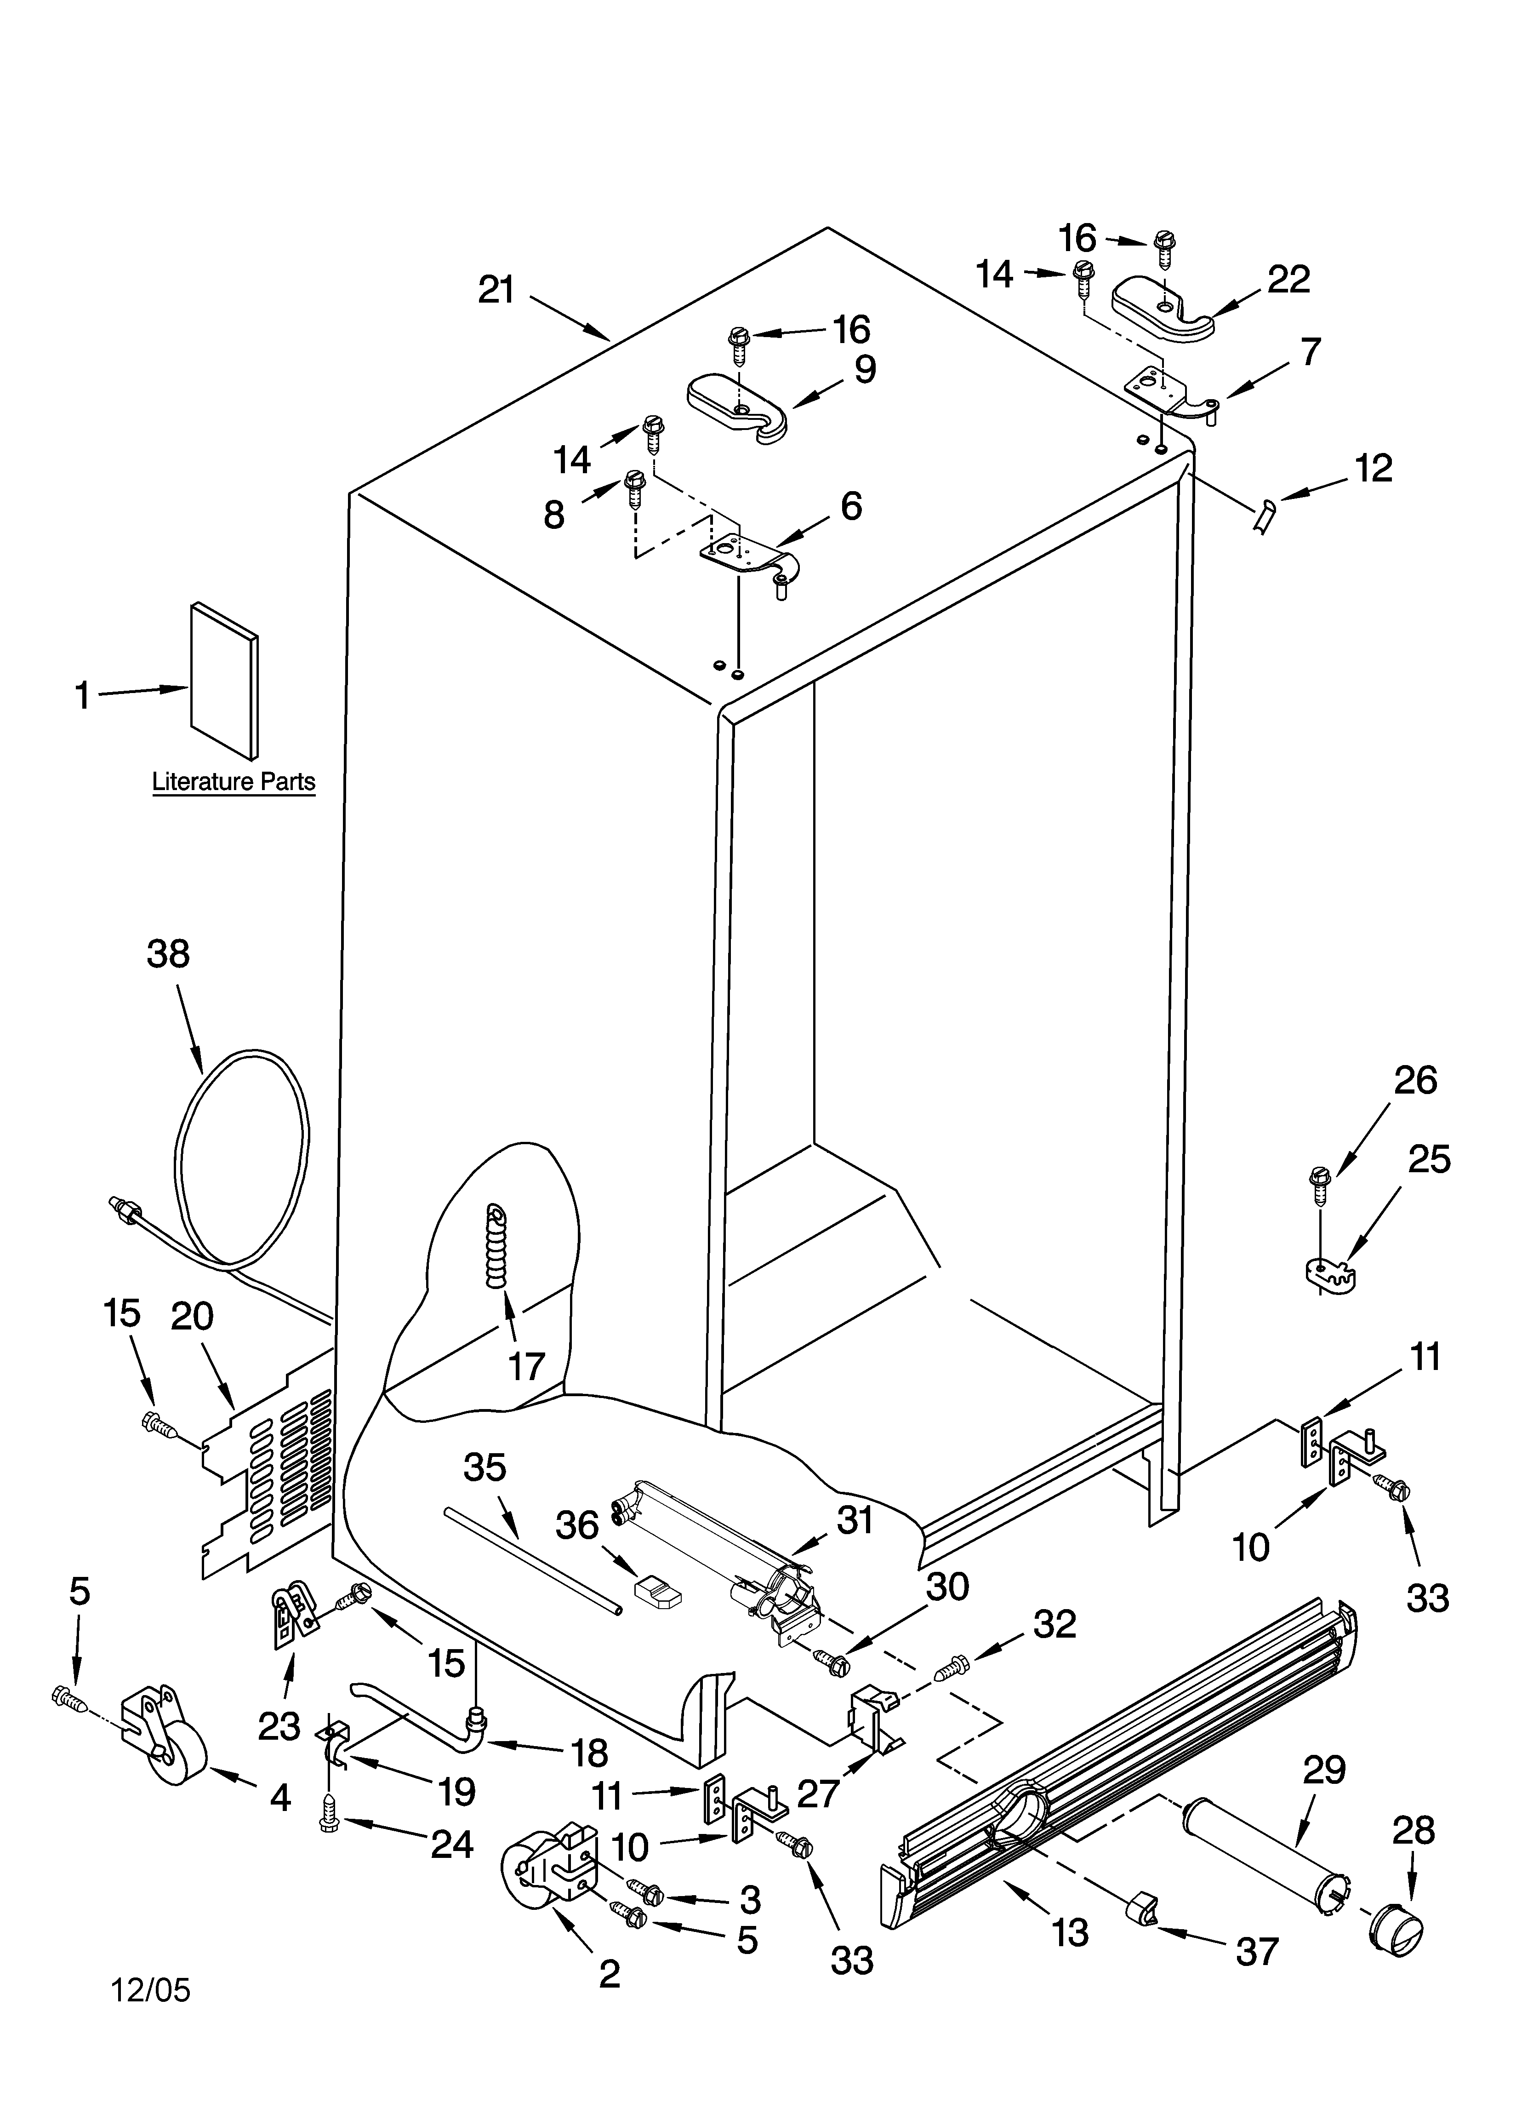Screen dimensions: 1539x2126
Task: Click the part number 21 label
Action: tap(497, 290)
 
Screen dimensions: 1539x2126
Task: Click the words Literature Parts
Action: tap(234, 782)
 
